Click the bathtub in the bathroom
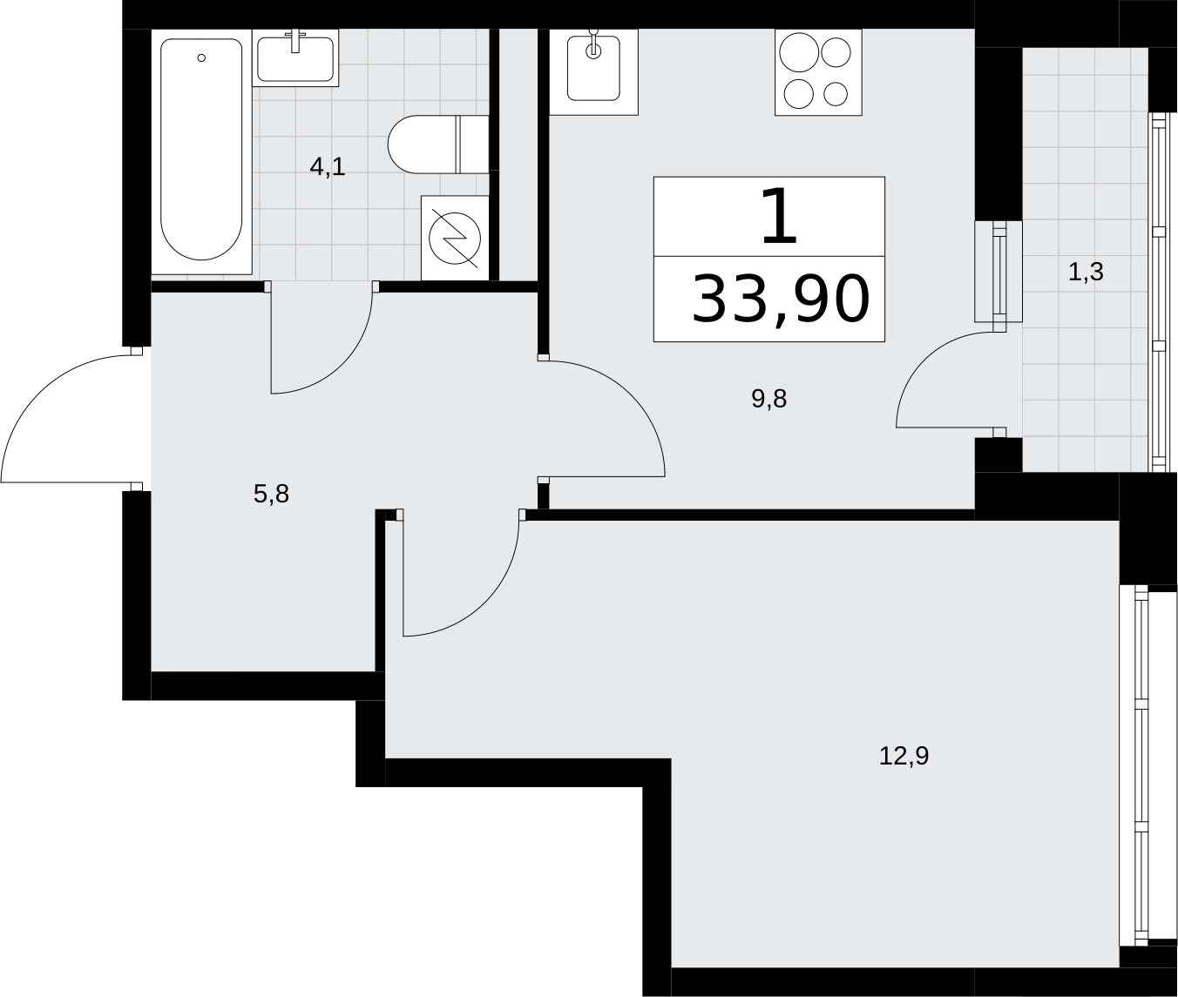tap(201, 151)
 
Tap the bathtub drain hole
tap(201, 57)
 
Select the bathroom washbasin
tap(295, 57)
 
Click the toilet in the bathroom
tap(438, 145)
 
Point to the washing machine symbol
tap(455, 238)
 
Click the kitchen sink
tap(594, 71)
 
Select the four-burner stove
tap(818, 71)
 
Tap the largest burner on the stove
tap(799, 52)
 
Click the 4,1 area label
tap(328, 167)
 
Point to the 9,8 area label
tap(768, 400)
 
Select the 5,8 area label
tap(271, 495)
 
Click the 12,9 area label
tap(904, 756)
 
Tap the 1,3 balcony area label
tap(1086, 273)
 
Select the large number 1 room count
tap(778, 217)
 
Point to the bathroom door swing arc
tap(342, 365)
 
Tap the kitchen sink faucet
tap(594, 44)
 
